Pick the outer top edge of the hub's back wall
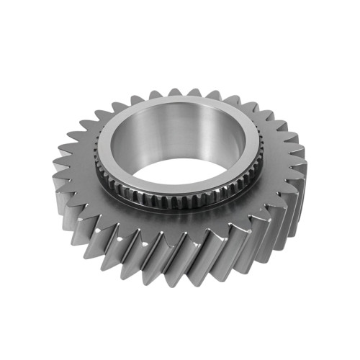180,97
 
